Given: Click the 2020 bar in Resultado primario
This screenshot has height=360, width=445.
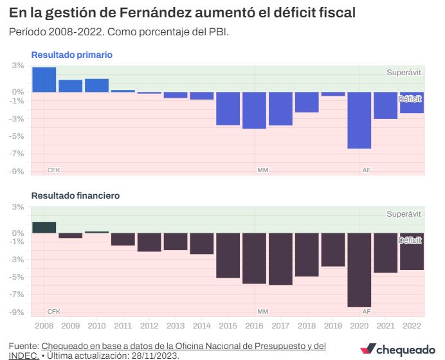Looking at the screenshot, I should click(x=359, y=120).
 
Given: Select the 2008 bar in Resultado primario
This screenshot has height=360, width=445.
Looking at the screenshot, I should click(x=44, y=80).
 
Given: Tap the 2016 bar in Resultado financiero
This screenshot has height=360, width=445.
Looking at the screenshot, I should click(x=255, y=258).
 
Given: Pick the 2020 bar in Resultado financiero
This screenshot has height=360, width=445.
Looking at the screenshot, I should click(x=359, y=270).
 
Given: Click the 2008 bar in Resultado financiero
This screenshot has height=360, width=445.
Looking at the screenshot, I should click(x=44, y=228).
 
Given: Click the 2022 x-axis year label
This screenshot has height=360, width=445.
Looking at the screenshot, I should click(x=412, y=327).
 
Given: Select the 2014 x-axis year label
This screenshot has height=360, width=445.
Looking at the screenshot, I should click(x=202, y=327).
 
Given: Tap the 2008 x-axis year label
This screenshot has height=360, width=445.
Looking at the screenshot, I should click(x=44, y=327).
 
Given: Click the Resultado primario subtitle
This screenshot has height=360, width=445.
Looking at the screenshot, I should click(x=72, y=55).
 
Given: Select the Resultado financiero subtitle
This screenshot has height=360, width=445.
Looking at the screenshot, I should click(x=76, y=195).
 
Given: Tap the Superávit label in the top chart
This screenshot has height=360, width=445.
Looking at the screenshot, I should click(x=404, y=73).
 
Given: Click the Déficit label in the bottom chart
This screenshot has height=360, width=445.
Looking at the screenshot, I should click(x=409, y=240).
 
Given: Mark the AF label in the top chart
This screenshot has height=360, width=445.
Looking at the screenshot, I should click(x=367, y=170).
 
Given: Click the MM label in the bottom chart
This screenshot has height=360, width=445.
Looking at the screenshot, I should click(x=262, y=311).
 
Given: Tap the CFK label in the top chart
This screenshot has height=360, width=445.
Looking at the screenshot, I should click(x=53, y=170).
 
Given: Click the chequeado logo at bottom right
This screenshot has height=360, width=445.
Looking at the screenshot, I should click(x=399, y=349).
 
